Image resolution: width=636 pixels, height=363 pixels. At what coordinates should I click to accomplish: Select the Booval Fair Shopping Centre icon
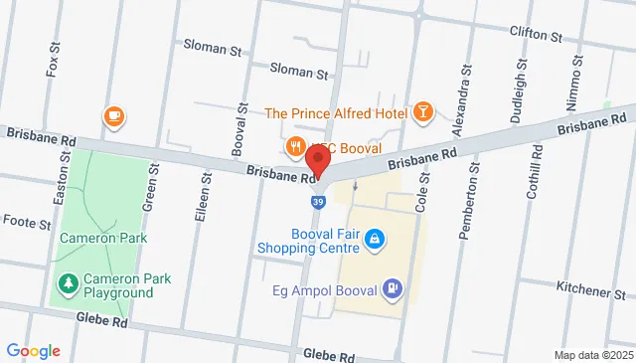pos(375,239)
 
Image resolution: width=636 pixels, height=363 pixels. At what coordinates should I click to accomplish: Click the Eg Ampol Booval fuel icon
pos(394,289)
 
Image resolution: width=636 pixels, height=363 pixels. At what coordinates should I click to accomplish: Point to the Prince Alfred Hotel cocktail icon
pos(424,112)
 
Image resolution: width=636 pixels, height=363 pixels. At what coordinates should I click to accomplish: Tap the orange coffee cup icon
pos(113,117)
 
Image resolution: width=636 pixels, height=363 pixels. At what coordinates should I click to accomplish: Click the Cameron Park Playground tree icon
pos(69,284)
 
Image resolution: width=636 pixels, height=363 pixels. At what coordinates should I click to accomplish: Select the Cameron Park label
pos(103,238)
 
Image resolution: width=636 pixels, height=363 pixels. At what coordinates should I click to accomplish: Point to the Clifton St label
pos(542,33)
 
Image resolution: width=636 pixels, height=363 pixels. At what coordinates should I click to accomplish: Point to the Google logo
pos(33,350)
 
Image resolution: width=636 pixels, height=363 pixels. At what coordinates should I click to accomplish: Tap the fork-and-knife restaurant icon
pos(295,148)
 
